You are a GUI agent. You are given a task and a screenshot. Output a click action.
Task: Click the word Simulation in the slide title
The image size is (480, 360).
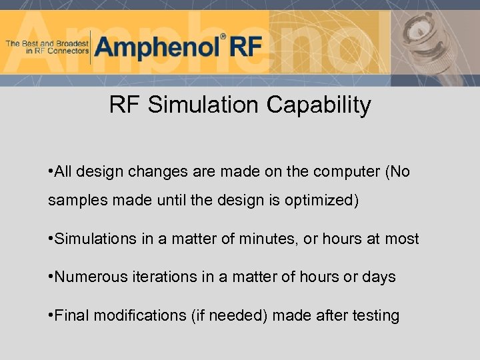[x=204, y=105]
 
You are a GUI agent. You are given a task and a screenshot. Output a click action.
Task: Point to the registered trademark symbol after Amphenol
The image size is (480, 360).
[x=223, y=37]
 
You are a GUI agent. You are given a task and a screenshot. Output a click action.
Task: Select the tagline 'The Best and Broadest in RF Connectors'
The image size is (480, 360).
[x=47, y=47]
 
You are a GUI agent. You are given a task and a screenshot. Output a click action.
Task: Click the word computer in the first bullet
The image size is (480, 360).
[x=347, y=172]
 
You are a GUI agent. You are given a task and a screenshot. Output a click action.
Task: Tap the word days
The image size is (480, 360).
[x=379, y=277]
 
